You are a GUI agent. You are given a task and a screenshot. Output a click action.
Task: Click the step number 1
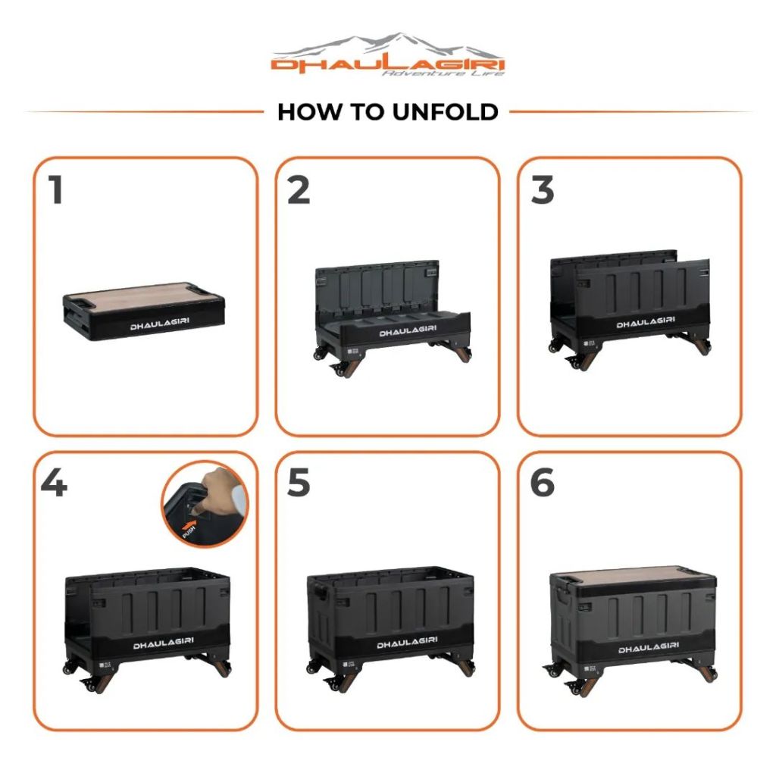(x=56, y=189)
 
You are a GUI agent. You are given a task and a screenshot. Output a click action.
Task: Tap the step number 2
(x=299, y=189)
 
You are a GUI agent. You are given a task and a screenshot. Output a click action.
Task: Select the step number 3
(x=543, y=189)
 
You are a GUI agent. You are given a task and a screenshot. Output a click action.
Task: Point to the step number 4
(x=54, y=483)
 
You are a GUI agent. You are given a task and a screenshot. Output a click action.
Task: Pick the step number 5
(x=299, y=483)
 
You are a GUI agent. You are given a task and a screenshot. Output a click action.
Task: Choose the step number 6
(x=543, y=483)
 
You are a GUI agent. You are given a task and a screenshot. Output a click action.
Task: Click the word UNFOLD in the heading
(x=446, y=112)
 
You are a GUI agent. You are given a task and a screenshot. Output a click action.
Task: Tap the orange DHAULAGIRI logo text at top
(x=387, y=65)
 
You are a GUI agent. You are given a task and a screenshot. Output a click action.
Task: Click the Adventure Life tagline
(x=443, y=74)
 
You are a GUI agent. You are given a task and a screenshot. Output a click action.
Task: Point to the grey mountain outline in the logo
(x=386, y=45)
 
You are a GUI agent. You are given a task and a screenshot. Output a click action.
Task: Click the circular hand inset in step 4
(x=205, y=504)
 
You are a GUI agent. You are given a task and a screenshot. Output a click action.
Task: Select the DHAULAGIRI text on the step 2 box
(x=408, y=330)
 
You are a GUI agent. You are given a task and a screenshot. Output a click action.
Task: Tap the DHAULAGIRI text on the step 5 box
(x=407, y=643)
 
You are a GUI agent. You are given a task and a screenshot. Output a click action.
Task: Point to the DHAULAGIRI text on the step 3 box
(x=646, y=322)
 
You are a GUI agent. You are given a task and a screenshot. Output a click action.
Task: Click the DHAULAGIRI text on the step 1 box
(x=159, y=324)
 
